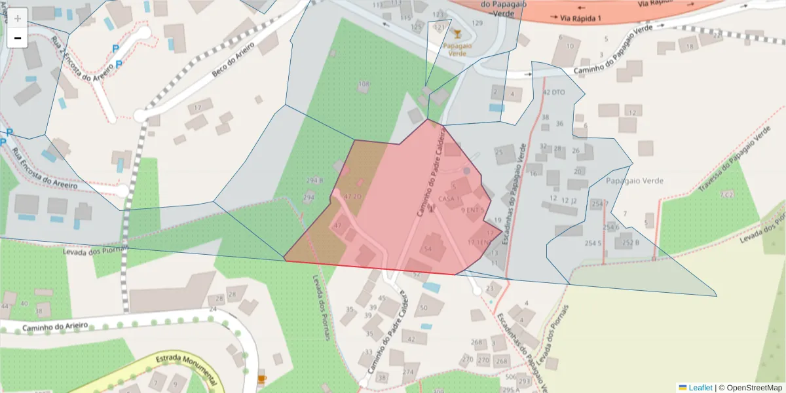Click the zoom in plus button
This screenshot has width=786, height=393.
point(18,18)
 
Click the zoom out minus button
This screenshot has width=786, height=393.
point(18,38)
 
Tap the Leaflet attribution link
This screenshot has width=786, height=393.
point(700,388)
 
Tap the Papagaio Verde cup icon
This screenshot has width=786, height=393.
point(457,34)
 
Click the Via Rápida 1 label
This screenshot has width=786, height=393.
point(576,18)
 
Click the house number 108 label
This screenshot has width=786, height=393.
point(364,84)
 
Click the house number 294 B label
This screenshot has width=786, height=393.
point(314,180)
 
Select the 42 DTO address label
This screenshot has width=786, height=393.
point(553,93)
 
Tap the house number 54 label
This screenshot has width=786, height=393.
point(428,249)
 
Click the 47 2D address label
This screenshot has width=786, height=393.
point(353,196)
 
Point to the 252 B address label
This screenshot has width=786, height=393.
point(630,242)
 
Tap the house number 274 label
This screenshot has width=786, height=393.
point(408,372)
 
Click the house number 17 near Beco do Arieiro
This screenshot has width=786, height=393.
point(197,107)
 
